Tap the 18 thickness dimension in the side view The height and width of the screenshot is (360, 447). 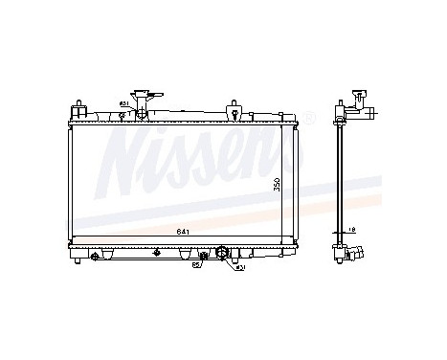coord(351,231)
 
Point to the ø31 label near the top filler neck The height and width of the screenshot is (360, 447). coord(123,103)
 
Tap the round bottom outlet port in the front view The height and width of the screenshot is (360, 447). coord(224,254)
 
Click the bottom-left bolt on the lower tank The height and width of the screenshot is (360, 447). coord(95,256)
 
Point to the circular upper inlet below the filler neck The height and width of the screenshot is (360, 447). coord(142,115)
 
